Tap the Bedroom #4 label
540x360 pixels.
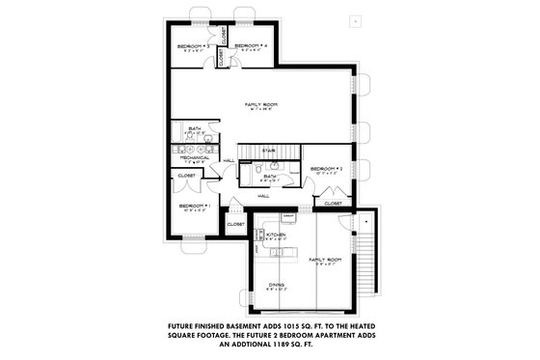tap(250, 45)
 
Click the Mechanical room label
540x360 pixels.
tap(194, 157)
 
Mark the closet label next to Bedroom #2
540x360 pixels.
tap(334, 204)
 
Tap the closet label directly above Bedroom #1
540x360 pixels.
tap(186, 175)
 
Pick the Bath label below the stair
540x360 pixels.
tap(270, 176)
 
